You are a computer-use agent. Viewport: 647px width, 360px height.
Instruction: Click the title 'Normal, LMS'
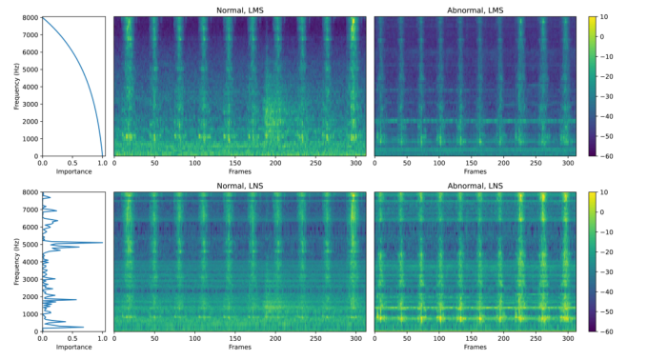click(240, 10)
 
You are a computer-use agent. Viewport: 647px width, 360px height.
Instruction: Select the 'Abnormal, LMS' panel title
click(475, 10)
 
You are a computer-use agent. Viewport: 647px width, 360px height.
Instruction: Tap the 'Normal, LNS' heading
click(240, 186)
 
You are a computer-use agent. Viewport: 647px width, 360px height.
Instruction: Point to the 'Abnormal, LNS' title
click(475, 186)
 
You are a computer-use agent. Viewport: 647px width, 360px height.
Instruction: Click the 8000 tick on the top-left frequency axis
click(31, 17)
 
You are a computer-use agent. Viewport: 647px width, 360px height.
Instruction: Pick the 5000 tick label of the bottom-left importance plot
click(31, 245)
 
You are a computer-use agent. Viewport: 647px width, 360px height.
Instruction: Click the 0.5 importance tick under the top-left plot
click(72, 163)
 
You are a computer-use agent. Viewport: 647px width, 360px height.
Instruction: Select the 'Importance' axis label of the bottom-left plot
click(74, 347)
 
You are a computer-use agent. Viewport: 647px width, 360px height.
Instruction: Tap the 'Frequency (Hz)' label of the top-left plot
click(17, 87)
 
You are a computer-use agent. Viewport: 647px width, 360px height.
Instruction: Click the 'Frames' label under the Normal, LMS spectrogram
click(240, 171)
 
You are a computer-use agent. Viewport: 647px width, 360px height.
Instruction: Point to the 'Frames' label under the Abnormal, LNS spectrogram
click(475, 347)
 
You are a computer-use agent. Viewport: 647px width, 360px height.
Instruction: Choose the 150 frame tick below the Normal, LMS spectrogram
click(235, 163)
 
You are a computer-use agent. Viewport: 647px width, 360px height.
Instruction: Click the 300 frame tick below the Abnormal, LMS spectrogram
click(568, 163)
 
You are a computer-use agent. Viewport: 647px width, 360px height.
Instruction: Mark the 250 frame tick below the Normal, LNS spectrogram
click(315, 338)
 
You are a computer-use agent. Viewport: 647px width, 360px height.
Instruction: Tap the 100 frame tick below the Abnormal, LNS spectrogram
click(439, 338)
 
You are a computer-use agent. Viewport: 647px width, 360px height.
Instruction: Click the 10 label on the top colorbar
click(604, 17)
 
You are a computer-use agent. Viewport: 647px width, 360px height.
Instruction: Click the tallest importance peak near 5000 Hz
click(102, 243)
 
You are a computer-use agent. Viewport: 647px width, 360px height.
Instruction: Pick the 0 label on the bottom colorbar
click(602, 212)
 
